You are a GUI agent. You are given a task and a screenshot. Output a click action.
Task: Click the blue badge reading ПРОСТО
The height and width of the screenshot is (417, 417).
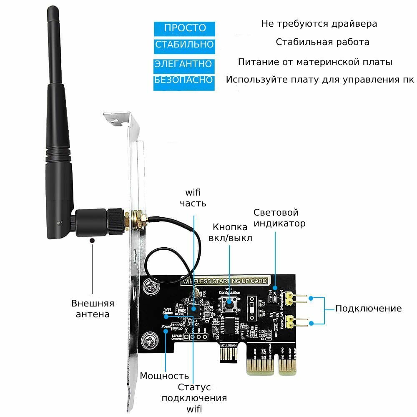click(x=185, y=28)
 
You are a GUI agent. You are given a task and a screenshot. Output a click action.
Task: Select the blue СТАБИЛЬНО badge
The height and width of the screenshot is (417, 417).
click(x=184, y=44)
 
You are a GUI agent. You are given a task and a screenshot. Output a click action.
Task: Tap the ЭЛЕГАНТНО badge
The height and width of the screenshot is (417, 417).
click(x=184, y=64)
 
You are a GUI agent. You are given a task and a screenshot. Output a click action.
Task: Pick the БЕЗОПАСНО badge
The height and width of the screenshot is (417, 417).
click(x=184, y=80)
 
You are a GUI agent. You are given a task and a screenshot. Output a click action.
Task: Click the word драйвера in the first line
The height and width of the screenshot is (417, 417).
click(x=354, y=23)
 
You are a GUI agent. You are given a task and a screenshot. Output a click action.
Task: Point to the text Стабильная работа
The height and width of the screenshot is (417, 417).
click(x=322, y=42)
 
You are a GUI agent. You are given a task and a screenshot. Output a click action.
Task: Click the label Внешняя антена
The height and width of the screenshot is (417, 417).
click(x=93, y=309)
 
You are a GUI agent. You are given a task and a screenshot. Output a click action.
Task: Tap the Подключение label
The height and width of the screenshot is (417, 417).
click(x=369, y=309)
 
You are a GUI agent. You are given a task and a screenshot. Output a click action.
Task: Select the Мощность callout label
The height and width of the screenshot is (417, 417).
click(x=164, y=376)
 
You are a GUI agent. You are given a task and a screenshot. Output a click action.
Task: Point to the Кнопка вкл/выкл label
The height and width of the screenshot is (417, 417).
click(x=232, y=232)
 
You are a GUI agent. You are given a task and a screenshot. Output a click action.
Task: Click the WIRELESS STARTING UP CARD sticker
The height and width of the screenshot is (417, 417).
click(x=224, y=281)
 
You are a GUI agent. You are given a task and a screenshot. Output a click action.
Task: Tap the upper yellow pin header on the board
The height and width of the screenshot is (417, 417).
click(x=297, y=298)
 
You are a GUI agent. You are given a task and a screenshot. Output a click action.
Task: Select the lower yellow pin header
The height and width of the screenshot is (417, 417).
click(x=297, y=322)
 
